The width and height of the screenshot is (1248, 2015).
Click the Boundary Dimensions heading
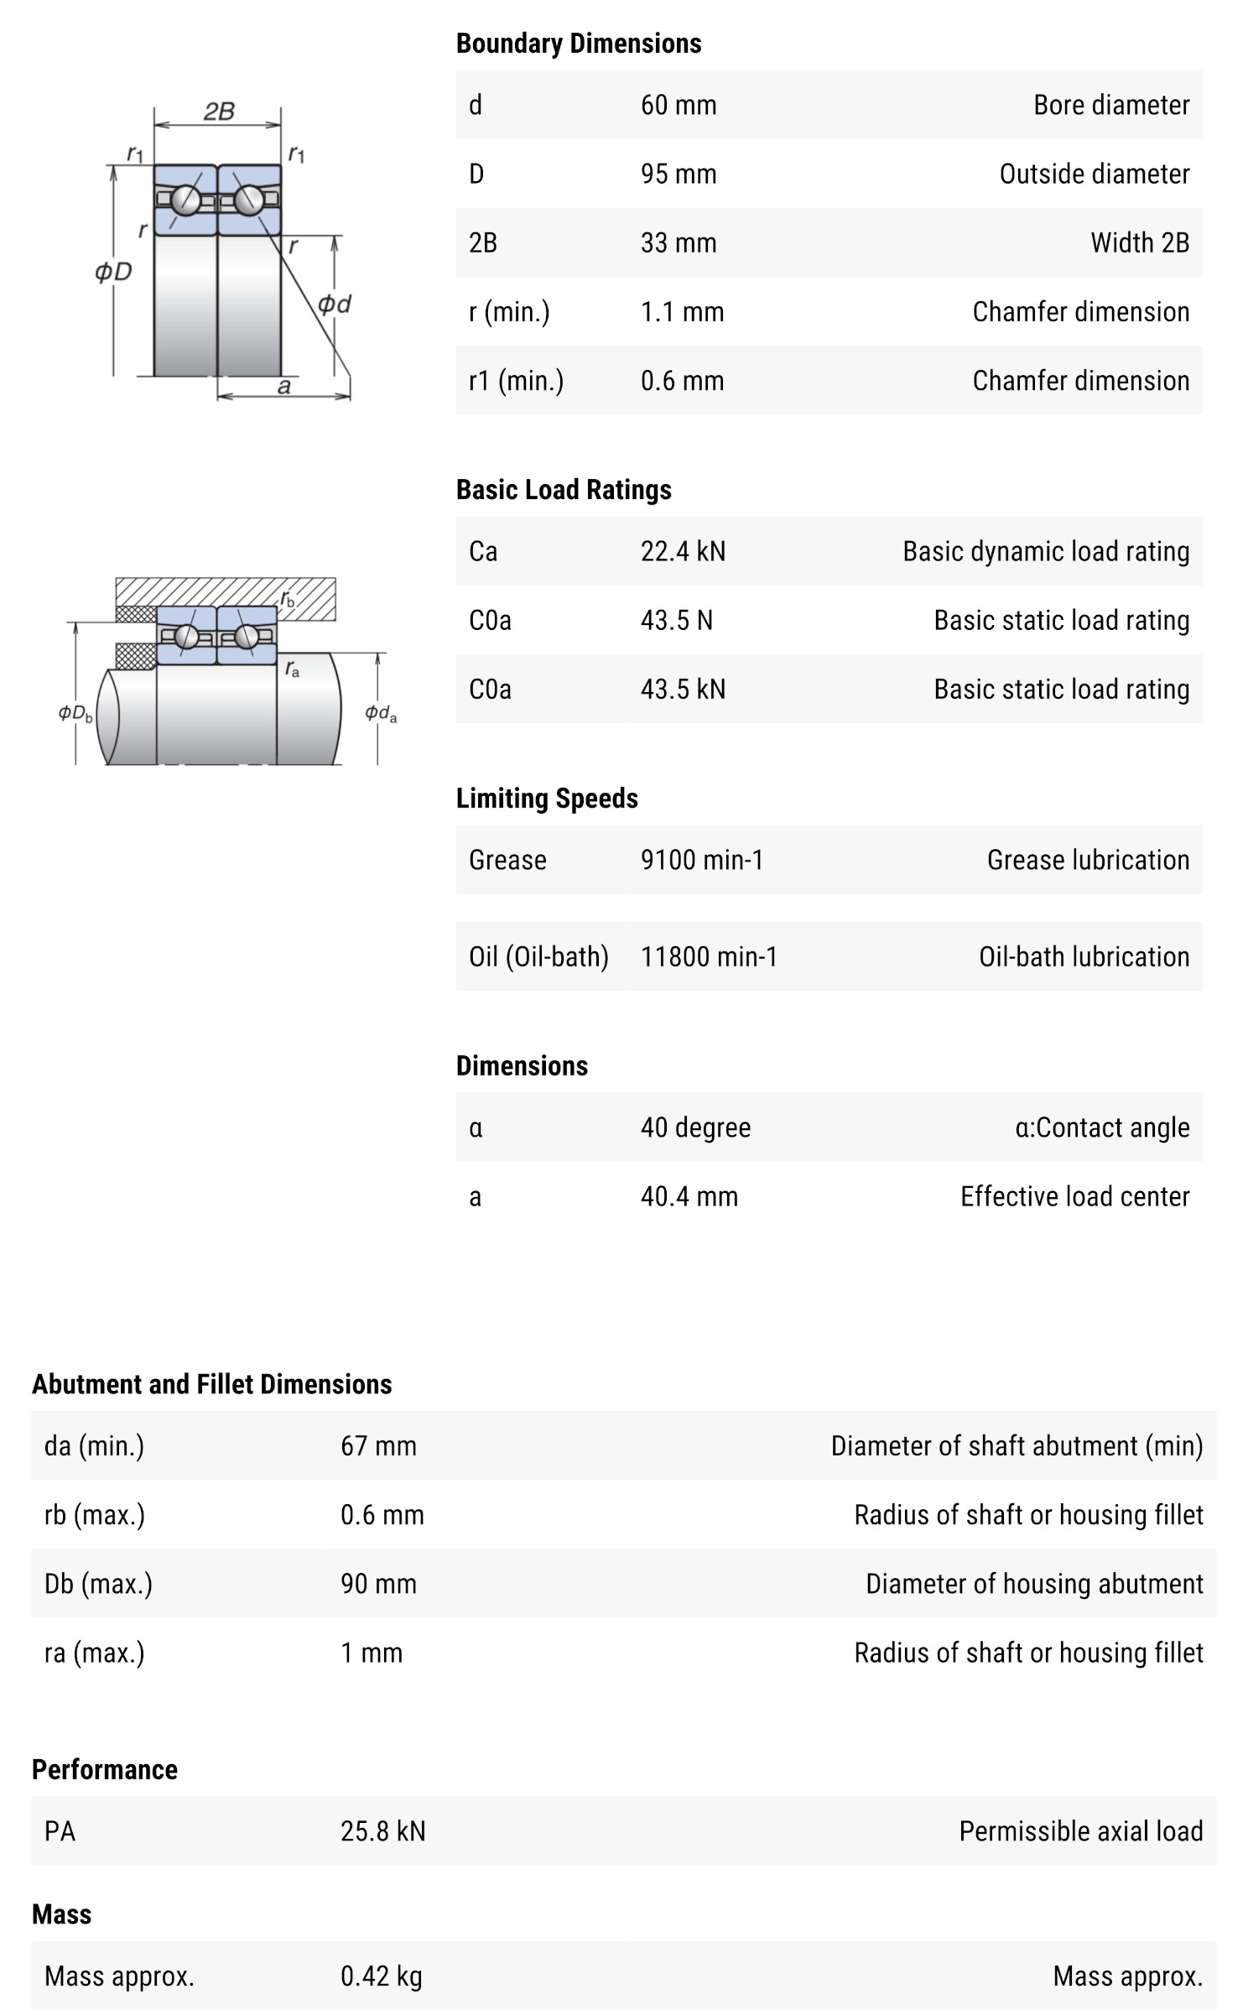pyautogui.click(x=578, y=44)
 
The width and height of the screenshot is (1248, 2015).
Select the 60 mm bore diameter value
pyautogui.click(x=679, y=105)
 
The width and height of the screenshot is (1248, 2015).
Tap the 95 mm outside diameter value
pyautogui.click(x=679, y=174)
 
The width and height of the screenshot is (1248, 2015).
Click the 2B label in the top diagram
pyautogui.click(x=219, y=111)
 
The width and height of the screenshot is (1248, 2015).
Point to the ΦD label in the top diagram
pyautogui.click(x=113, y=272)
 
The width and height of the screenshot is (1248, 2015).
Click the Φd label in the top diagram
pyautogui.click(x=334, y=304)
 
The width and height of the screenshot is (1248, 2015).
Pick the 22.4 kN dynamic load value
pyautogui.click(x=683, y=551)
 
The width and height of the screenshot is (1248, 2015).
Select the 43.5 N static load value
pyautogui.click(x=676, y=620)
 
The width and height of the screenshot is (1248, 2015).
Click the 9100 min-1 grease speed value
pyautogui.click(x=702, y=860)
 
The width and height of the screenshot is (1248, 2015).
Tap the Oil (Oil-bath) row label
pyautogui.click(x=538, y=956)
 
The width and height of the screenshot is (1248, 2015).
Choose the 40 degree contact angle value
pyautogui.click(x=695, y=1127)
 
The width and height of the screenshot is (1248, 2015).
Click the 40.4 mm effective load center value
pyautogui.click(x=689, y=1196)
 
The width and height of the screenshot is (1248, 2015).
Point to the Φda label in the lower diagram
pyautogui.click(x=380, y=713)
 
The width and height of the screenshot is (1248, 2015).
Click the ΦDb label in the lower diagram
pyautogui.click(x=75, y=713)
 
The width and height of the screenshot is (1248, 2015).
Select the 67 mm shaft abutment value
pyautogui.click(x=378, y=1445)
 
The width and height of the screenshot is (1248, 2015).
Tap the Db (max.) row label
pyautogui.click(x=98, y=1584)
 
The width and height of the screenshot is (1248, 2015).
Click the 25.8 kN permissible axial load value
pyautogui.click(x=382, y=1830)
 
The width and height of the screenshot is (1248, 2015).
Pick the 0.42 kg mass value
pyautogui.click(x=381, y=1976)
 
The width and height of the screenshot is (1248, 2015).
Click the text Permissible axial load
pyautogui.click(x=1080, y=1830)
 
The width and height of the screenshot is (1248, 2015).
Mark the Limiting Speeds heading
pyautogui.click(x=547, y=799)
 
